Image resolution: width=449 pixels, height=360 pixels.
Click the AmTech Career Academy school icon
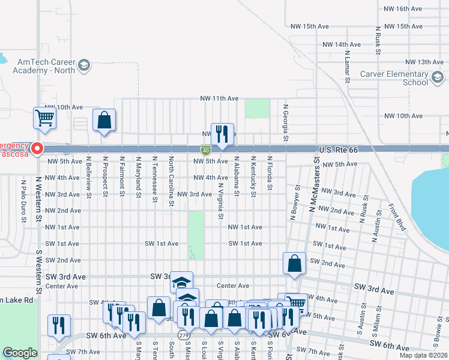pos(85,65)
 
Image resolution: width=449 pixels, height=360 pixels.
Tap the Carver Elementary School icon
pos(438,77)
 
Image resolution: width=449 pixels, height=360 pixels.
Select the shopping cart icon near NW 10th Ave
pos(44,118)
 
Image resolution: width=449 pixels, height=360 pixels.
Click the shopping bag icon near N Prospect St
pos(104,120)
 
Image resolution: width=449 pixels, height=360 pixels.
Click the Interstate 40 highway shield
pos(206,149)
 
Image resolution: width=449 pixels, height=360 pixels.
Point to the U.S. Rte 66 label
pos(338,149)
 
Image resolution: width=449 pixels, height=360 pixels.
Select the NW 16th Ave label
pos(419,8)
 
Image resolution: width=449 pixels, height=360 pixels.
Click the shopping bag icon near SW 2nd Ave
pos(294,263)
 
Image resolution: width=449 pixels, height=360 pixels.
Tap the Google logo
pos(20,353)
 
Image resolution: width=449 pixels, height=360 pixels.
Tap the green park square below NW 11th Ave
pos(257,109)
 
